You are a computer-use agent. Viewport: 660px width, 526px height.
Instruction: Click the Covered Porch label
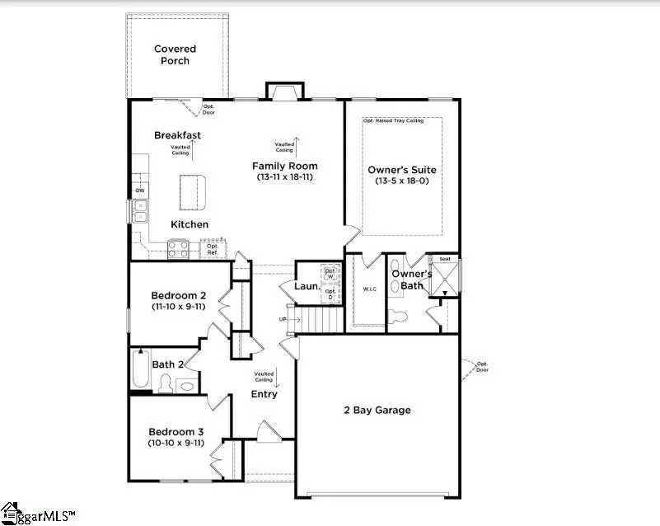175,55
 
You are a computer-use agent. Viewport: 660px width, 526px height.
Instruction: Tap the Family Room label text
284,166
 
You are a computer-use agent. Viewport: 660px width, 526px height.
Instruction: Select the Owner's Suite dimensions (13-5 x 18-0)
402,181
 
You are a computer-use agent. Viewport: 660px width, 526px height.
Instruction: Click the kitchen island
194,193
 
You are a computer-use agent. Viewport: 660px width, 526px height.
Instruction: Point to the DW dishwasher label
140,191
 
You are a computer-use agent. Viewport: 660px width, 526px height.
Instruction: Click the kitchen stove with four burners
178,248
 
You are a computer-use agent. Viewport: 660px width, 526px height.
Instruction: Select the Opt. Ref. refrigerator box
213,248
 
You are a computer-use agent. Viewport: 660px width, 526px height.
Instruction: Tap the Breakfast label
177,135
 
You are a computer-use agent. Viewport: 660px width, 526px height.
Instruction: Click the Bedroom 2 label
178,295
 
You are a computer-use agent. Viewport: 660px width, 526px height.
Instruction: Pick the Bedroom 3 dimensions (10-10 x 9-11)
176,444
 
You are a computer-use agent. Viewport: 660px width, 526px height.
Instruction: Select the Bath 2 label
168,364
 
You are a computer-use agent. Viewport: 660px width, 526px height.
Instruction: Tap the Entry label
264,394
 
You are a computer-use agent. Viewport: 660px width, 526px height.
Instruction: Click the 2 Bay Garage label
377,410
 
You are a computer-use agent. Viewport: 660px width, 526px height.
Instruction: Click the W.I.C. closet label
368,289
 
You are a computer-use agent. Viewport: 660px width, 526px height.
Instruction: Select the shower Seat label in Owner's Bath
444,259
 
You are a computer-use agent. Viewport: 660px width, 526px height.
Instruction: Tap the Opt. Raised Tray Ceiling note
393,121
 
